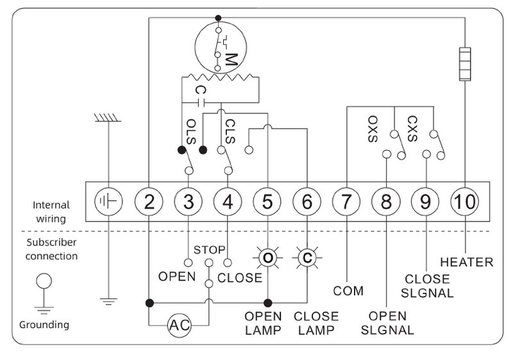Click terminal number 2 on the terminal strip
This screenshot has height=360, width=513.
coord(149,201)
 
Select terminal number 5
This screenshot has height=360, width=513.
coord(267,201)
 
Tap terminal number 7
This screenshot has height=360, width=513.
coord(346,201)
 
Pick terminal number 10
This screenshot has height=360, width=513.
coord(465,201)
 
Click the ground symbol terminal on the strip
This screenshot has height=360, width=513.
coord(108,201)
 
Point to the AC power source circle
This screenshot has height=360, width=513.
coord(180,325)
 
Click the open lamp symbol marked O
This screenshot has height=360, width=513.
coord(267,257)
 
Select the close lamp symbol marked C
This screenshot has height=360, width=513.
coord(307,257)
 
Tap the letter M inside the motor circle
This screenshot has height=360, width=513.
coord(231,59)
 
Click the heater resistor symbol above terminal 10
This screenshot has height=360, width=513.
coord(465,64)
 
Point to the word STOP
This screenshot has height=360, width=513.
coord(210,250)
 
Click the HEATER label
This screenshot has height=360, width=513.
coord(467,262)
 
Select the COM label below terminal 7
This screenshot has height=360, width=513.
coord(348,291)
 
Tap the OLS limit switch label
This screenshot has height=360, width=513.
coord(190,132)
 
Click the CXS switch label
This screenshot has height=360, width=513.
coord(412,128)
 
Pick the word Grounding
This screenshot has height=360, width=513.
coord(44,325)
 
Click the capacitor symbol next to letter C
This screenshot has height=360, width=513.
coord(201,103)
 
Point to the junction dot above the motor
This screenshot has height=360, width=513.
coord(218,18)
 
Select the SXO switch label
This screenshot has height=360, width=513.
coord(373,129)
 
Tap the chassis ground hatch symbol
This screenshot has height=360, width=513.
coord(108,118)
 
